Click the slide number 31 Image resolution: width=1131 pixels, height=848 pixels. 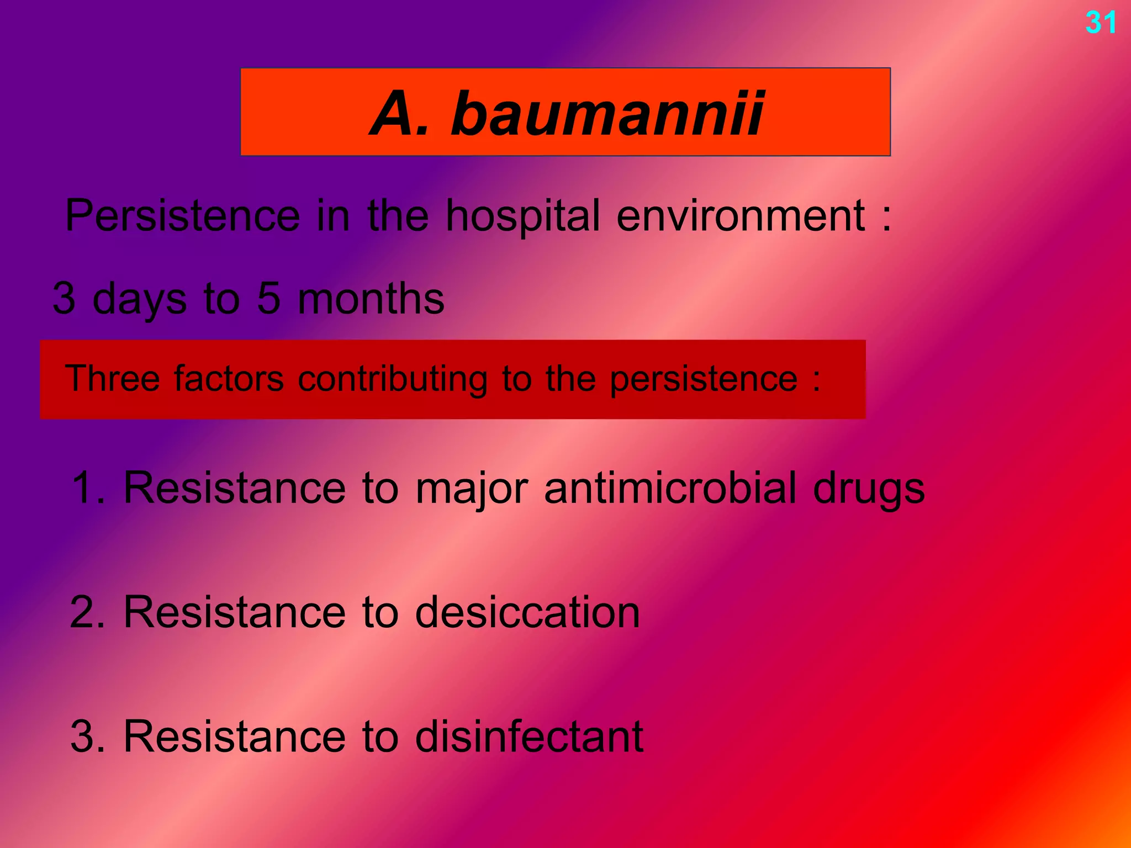click(1100, 23)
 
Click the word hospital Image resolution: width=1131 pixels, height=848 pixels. click(522, 216)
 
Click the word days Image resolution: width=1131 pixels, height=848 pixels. click(139, 299)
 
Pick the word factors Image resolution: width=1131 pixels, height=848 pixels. click(229, 379)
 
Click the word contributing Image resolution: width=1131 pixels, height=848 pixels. click(393, 380)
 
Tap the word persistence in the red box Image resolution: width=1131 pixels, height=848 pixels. click(704, 380)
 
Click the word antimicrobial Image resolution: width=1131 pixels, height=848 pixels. click(670, 487)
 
